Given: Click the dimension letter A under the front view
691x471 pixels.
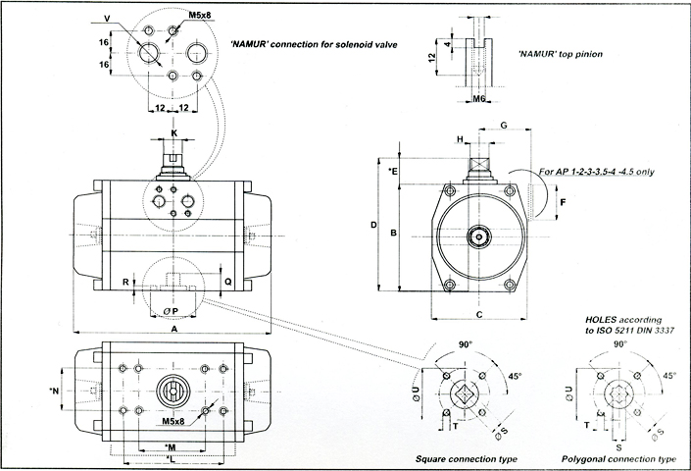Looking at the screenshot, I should (173, 330).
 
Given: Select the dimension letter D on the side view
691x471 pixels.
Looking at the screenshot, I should (374, 225).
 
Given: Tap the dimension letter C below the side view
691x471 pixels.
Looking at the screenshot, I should (478, 315).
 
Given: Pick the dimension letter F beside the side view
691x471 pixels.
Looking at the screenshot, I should (563, 202).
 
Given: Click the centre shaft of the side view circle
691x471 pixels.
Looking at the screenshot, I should (478, 235).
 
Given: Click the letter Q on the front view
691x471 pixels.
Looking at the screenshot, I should (227, 281).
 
